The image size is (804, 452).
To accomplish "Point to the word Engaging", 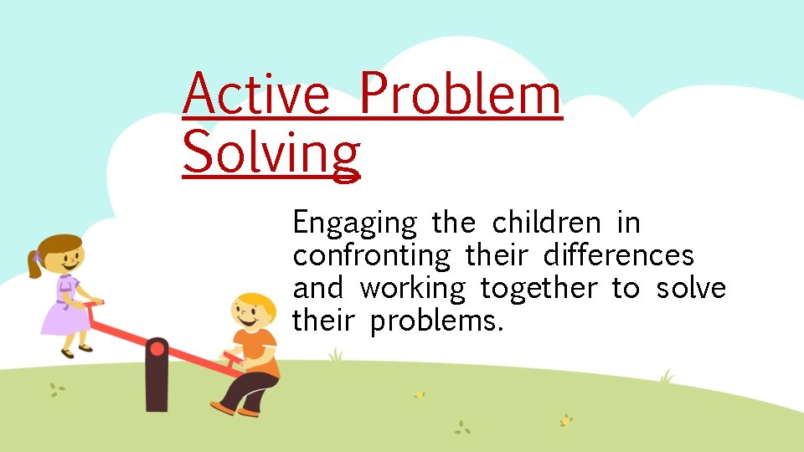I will pyautogui.click(x=354, y=224).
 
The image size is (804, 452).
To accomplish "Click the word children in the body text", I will pyautogui.click(x=546, y=223).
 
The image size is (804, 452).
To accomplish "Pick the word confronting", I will pyautogui.click(x=371, y=256).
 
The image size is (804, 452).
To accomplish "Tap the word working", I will pyautogui.click(x=412, y=289).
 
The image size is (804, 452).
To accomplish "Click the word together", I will pyautogui.click(x=539, y=289).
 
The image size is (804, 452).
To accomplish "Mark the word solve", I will pyautogui.click(x=691, y=288).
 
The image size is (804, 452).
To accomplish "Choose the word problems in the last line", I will pyautogui.click(x=436, y=320).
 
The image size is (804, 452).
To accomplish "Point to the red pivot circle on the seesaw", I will pyautogui.click(x=157, y=347).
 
